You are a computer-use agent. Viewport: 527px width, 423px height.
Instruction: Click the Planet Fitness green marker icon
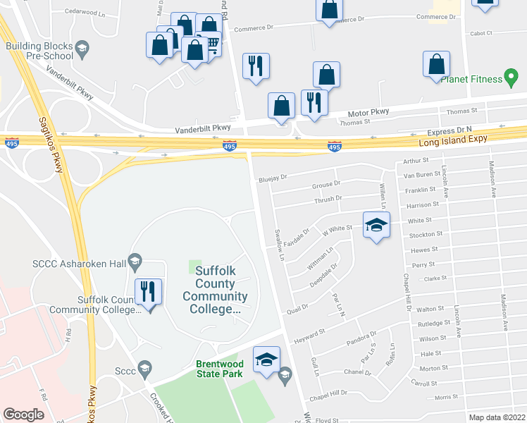click(x=513, y=80)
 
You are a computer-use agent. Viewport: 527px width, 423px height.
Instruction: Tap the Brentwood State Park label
click(x=219, y=369)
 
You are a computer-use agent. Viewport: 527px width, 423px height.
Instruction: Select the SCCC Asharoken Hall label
click(x=79, y=264)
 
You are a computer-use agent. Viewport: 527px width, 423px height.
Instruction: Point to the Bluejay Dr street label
click(x=273, y=178)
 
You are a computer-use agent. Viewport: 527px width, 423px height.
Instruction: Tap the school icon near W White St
click(x=376, y=226)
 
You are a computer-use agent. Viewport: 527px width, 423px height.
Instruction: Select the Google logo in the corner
click(x=23, y=415)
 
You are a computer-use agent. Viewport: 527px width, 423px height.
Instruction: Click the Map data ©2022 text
click(x=497, y=417)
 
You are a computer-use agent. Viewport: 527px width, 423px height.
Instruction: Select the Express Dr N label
click(x=448, y=132)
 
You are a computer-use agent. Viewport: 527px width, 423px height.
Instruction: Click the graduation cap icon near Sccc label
click(x=144, y=367)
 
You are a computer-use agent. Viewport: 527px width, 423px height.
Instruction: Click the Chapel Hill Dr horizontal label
click(x=334, y=393)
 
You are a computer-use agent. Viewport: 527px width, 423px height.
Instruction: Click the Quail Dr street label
click(x=298, y=309)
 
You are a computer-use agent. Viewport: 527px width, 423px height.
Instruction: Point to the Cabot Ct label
click(x=481, y=32)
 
